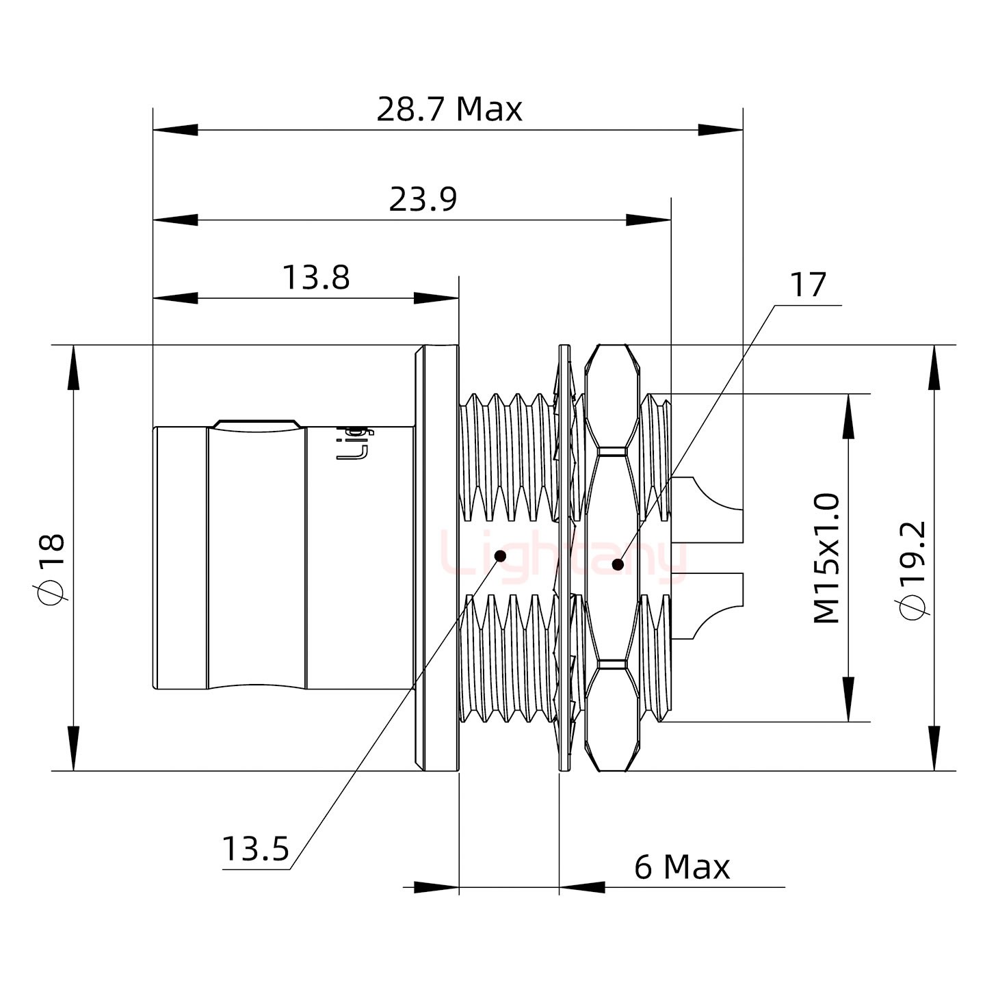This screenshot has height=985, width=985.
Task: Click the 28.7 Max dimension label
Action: tap(449, 109)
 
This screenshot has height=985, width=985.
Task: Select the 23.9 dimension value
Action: tap(423, 200)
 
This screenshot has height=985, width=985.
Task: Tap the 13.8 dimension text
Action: tap(315, 278)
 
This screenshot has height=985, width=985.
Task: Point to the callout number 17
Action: tap(808, 285)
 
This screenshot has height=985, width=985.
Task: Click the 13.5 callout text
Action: tap(255, 850)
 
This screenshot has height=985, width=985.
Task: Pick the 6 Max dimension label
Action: tap(682, 868)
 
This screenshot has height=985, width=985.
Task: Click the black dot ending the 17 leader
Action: tap(618, 564)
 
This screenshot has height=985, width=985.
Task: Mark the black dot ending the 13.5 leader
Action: tap(500, 555)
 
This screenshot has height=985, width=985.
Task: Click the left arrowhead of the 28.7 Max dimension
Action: tap(175, 129)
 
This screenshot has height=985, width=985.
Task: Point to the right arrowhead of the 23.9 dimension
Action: tap(649, 220)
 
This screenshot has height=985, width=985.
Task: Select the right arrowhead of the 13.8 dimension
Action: tap(436, 298)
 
